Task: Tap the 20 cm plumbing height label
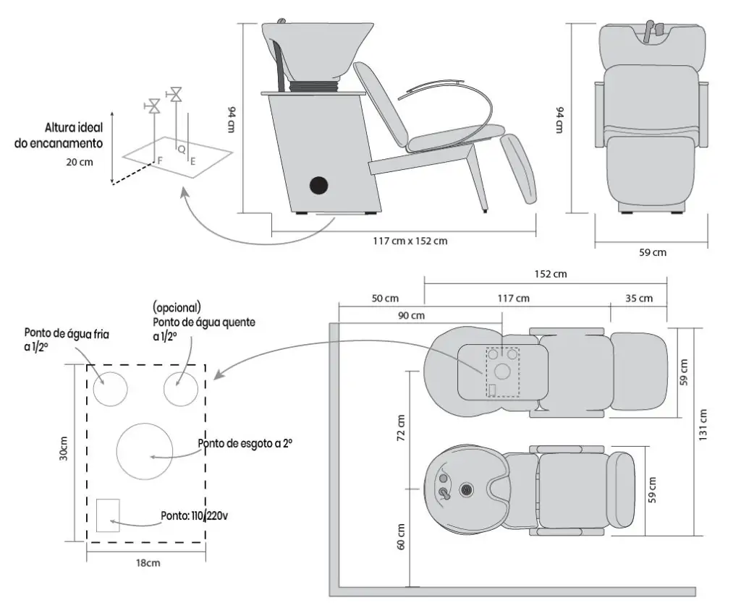(79, 162)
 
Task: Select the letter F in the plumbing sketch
(160, 157)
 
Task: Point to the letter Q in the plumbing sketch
(181, 148)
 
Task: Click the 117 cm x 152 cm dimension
(405, 241)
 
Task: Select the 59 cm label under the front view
(653, 252)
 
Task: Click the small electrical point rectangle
(108, 515)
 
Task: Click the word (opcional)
(177, 308)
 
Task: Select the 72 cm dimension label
(402, 428)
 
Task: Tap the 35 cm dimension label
(640, 298)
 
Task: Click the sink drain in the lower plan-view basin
(466, 490)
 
